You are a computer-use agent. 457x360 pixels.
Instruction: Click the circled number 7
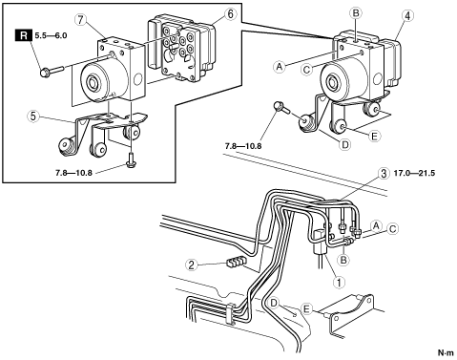click(80, 20)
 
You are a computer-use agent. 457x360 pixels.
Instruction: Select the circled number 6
click(230, 14)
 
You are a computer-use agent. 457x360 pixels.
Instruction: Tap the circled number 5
click(32, 116)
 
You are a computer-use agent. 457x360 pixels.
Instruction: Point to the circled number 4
click(407, 16)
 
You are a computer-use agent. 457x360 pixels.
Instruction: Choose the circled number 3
click(384, 174)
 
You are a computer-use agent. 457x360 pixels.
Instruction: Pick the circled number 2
click(191, 265)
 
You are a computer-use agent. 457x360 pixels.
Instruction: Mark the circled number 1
click(339, 282)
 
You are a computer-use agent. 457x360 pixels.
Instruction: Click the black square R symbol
click(24, 35)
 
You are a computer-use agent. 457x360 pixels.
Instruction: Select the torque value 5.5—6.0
click(51, 35)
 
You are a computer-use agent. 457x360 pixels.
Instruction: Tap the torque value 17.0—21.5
click(414, 174)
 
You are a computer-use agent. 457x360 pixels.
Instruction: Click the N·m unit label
click(446, 352)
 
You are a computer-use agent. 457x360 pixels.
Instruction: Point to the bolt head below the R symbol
click(44, 73)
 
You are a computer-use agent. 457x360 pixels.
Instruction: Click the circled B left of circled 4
click(356, 13)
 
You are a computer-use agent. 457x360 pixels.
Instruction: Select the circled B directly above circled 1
click(343, 260)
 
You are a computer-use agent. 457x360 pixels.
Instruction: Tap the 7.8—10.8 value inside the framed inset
click(73, 173)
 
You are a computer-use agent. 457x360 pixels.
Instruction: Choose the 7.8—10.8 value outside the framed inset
click(243, 146)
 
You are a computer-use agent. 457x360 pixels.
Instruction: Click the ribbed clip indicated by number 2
click(236, 261)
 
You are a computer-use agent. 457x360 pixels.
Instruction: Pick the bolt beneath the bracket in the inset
click(131, 160)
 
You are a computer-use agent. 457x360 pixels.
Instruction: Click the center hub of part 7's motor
click(93, 83)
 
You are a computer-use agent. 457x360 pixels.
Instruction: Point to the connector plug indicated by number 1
click(320, 242)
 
